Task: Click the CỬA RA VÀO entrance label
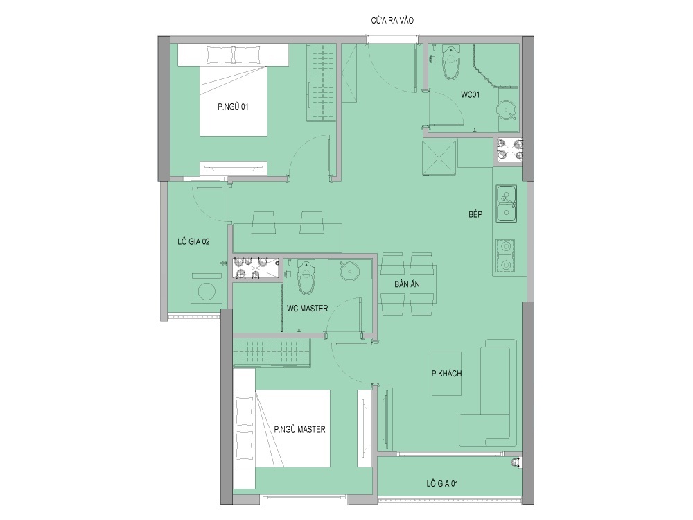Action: [392, 20]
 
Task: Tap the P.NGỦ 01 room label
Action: [233, 106]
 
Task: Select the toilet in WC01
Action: [452, 63]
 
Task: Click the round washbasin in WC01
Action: [507, 110]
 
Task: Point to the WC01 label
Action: [471, 94]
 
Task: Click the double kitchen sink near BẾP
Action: [506, 203]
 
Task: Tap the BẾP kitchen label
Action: [475, 214]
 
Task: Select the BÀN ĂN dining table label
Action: [407, 284]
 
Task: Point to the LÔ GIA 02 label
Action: [193, 241]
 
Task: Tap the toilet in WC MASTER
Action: [306, 277]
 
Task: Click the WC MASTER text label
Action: [307, 309]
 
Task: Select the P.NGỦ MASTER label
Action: [299, 429]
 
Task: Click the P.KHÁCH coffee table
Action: [446, 374]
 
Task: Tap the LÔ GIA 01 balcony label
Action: [442, 484]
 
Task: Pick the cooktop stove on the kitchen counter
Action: [505, 256]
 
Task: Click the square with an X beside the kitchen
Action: [439, 158]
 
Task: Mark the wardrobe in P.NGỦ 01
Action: [322, 83]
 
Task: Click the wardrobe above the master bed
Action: [272, 353]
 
